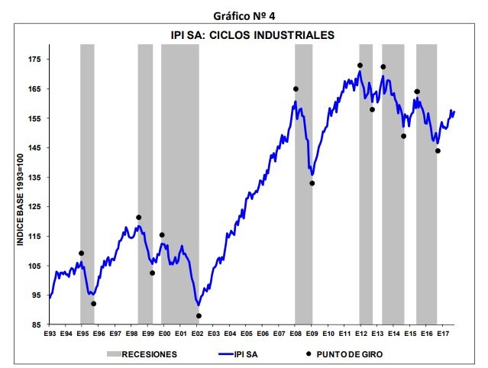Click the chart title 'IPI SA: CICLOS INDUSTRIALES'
[x=253, y=35]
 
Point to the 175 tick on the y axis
[x=34, y=59]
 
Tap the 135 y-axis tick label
[x=34, y=177]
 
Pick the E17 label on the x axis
[x=443, y=334]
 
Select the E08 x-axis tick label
[x=296, y=334]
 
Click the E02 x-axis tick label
[x=197, y=334]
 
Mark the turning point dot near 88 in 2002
[x=199, y=315]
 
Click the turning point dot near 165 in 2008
[x=296, y=89]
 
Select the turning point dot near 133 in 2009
[x=312, y=182]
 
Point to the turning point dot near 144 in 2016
[x=438, y=150]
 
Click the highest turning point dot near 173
[x=360, y=65]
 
